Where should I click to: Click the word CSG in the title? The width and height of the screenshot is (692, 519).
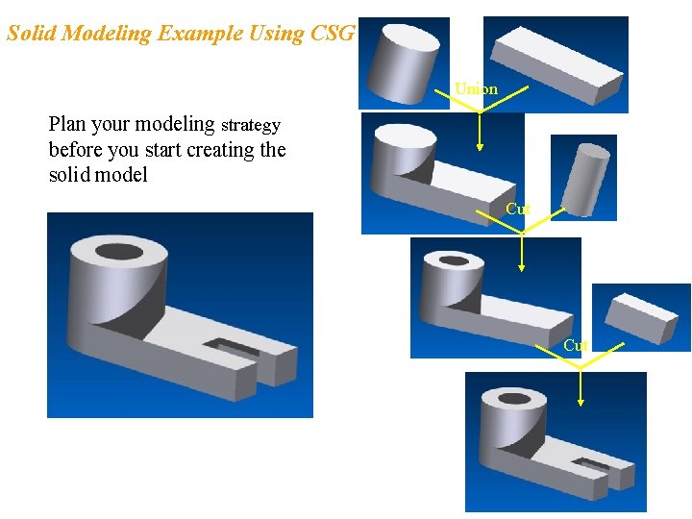[x=334, y=34]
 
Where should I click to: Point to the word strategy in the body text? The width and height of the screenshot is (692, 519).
[x=250, y=125]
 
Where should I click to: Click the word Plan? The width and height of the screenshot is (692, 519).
[x=67, y=124]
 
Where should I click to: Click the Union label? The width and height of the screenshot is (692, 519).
[x=477, y=89]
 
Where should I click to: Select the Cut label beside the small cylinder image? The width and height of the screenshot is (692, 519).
[x=517, y=209]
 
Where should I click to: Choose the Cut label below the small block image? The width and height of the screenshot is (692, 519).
[x=576, y=345]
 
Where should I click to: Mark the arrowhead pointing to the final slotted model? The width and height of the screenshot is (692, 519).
[x=580, y=403]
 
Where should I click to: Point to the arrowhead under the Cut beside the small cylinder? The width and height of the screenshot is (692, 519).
[x=521, y=268]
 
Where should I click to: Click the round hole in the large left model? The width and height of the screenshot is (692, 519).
[x=120, y=255]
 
